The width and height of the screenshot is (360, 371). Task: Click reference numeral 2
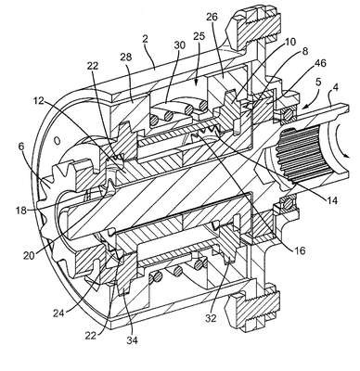click(146, 39)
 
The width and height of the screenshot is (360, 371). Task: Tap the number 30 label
click(179, 45)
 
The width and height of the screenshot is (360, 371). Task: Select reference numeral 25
click(199, 36)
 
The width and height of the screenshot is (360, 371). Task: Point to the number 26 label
click(212, 17)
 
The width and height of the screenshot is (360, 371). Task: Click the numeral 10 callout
click(290, 42)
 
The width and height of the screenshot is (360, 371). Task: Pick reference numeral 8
click(305, 51)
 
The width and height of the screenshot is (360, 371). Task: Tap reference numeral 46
click(320, 64)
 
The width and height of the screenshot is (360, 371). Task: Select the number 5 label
click(319, 83)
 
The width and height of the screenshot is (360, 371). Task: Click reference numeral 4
click(335, 87)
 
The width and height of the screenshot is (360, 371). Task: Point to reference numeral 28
click(126, 57)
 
